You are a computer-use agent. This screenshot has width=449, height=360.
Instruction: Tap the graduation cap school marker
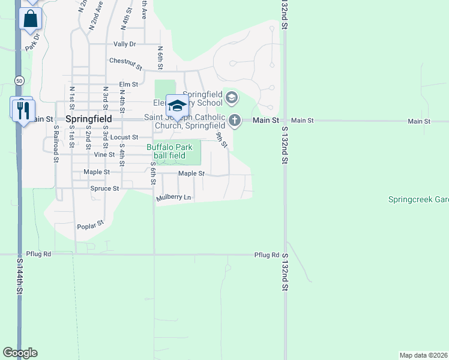click(176, 106)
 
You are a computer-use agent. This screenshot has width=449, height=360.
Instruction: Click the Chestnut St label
click(125, 63)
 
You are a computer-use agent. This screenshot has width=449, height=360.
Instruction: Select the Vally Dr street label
click(125, 44)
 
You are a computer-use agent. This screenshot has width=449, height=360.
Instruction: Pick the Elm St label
click(128, 85)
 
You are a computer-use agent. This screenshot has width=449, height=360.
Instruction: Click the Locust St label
click(125, 137)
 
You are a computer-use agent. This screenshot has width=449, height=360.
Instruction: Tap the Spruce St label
click(105, 188)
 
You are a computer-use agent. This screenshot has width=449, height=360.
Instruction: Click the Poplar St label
click(91, 224)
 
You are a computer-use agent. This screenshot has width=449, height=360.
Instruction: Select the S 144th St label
click(20, 275)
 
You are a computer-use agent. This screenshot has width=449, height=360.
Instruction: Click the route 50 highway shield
click(20, 80)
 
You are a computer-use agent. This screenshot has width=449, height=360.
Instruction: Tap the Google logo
click(20, 353)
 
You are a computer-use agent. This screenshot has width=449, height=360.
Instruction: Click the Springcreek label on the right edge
click(418, 200)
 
